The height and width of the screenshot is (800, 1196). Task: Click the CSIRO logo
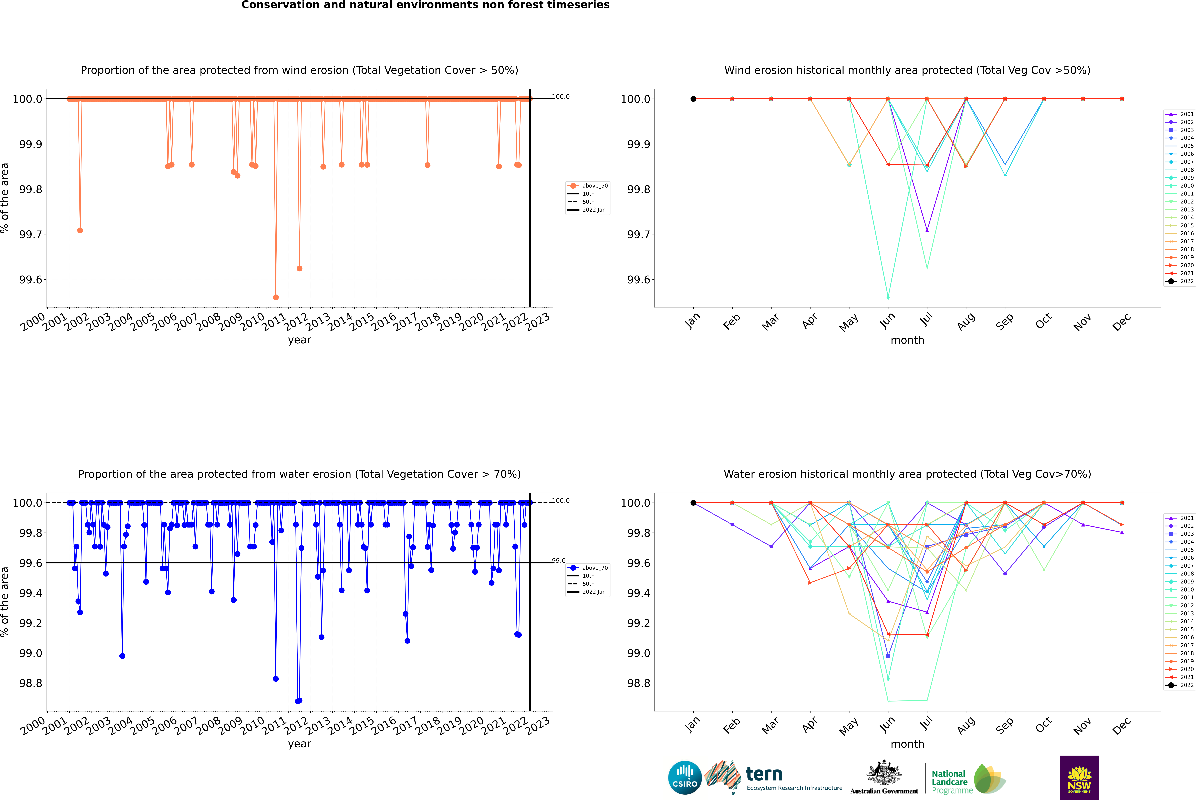coord(685,778)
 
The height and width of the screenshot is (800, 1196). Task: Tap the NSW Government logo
coord(1079,778)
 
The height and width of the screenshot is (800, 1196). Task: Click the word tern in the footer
coord(764,774)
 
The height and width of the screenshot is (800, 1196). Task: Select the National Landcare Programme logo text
coord(949,782)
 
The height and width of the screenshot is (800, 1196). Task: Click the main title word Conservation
coord(280,5)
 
